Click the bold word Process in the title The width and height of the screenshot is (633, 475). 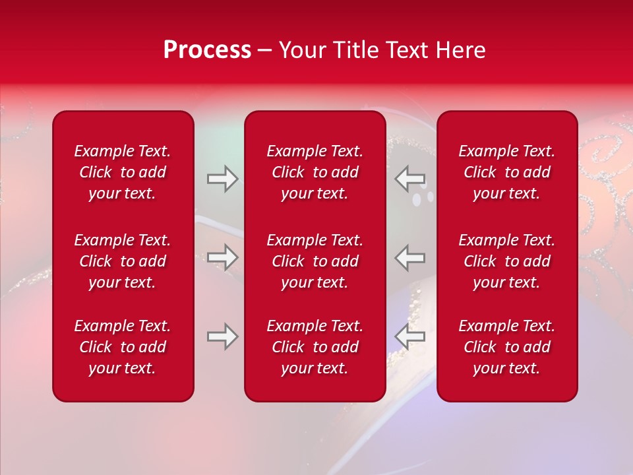(207, 50)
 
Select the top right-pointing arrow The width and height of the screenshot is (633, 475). (222, 178)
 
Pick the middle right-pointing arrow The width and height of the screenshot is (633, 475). (222, 257)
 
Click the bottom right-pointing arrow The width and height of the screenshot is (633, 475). (222, 336)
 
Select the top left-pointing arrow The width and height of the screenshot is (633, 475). (409, 178)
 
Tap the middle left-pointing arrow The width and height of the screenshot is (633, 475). (409, 257)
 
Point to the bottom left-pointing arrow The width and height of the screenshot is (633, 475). (409, 336)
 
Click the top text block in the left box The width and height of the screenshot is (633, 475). (123, 172)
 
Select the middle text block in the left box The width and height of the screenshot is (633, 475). (123, 261)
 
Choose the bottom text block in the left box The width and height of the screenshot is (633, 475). (123, 347)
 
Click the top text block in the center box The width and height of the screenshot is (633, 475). (315, 172)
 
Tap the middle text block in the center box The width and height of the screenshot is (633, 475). (315, 261)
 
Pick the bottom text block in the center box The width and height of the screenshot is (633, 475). (315, 347)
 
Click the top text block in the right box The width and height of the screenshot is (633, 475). (506, 172)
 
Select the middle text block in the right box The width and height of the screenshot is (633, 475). (506, 261)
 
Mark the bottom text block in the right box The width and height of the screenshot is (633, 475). (506, 347)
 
